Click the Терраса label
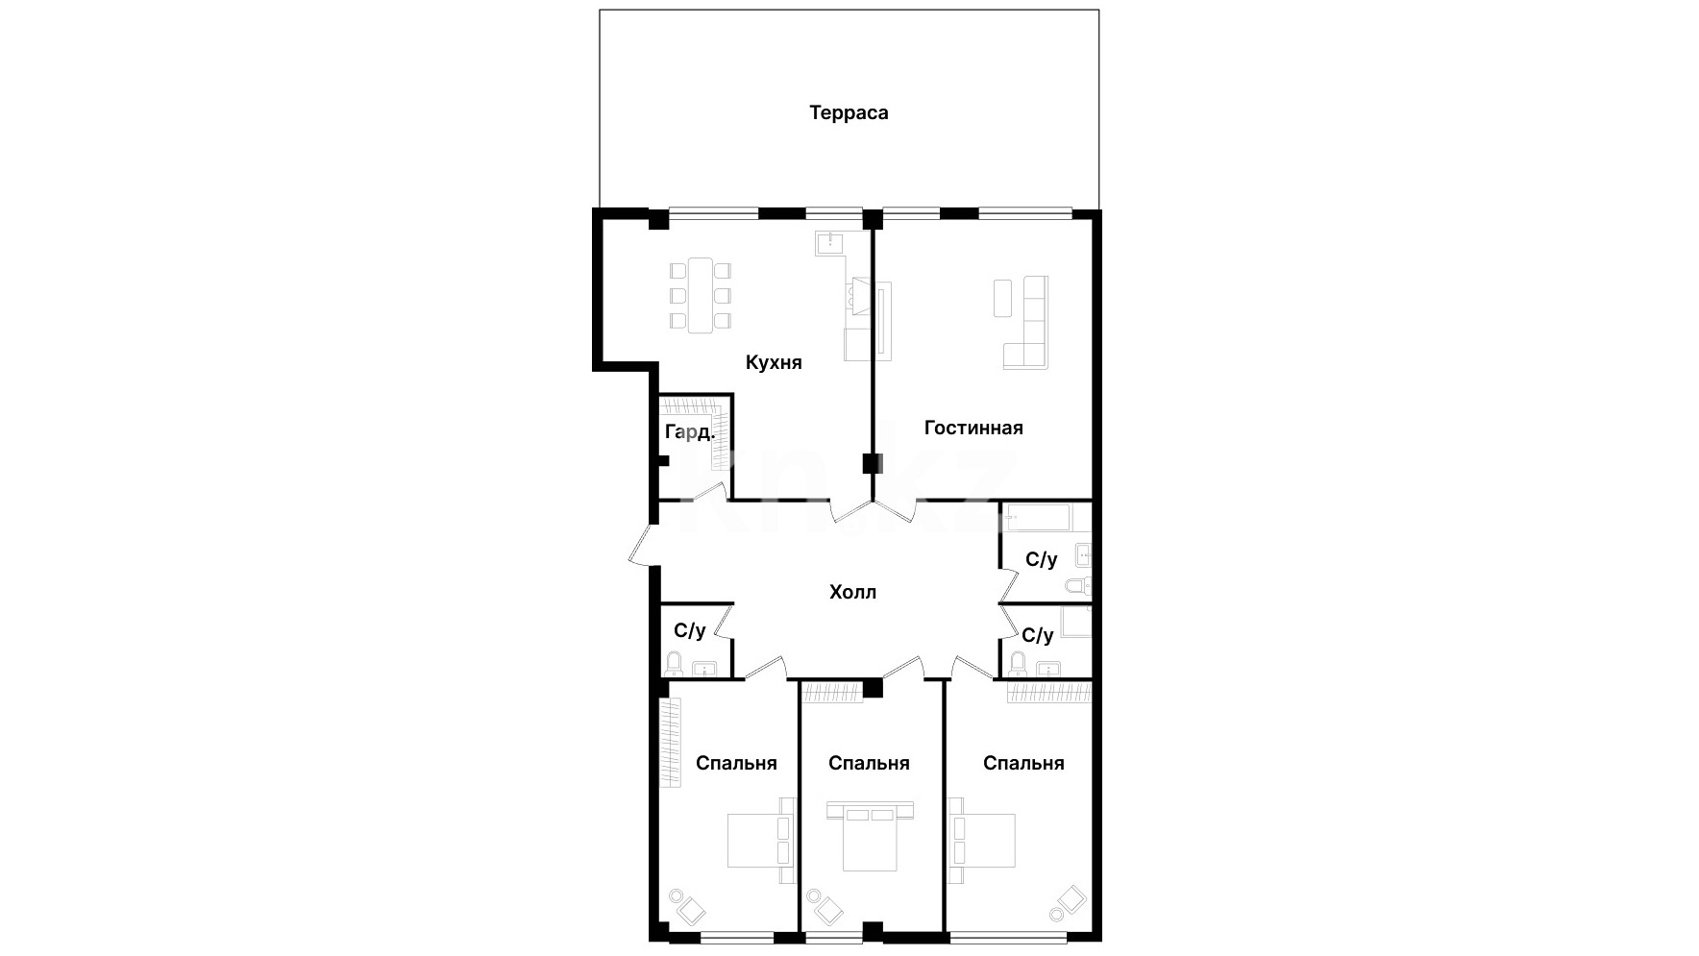(849, 112)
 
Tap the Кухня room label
(774, 362)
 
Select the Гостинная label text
(973, 428)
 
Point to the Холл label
(853, 592)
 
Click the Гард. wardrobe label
(690, 432)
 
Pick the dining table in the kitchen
(701, 295)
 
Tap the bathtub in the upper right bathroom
(1037, 518)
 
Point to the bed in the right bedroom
(982, 840)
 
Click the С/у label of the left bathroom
(690, 630)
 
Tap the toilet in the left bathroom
(675, 663)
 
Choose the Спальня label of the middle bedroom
(869, 763)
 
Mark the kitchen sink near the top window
(828, 242)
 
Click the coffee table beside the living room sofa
(1002, 297)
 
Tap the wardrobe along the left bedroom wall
(670, 743)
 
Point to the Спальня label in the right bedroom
(1023, 763)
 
